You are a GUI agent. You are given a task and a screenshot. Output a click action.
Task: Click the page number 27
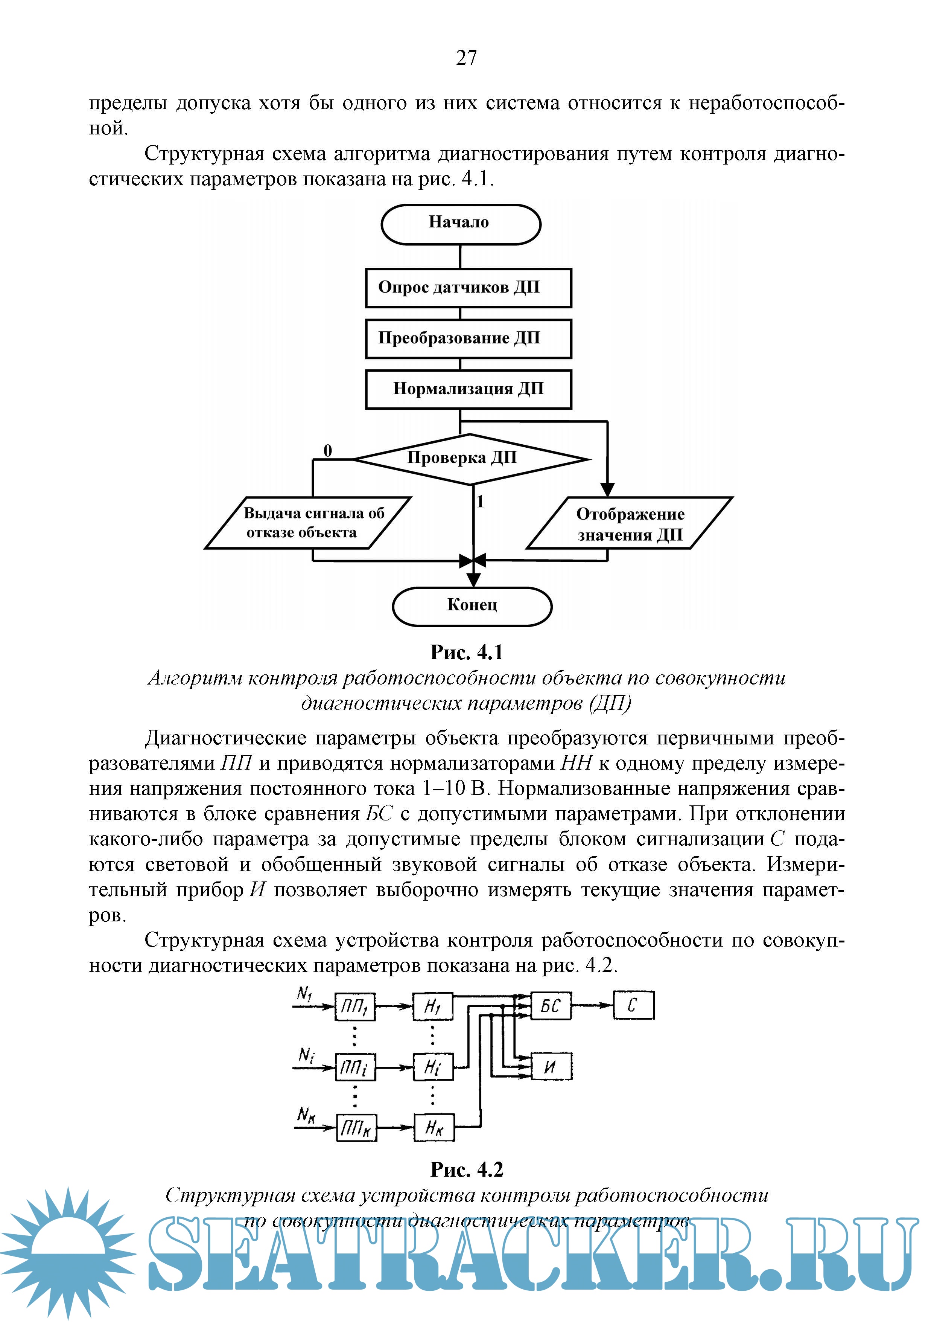466,58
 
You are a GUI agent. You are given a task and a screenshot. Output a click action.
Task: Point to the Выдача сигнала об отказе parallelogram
308,523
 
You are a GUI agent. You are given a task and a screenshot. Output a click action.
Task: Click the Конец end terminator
472,606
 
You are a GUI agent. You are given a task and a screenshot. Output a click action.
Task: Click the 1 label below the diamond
480,502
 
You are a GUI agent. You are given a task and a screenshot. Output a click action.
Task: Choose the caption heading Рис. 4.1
467,653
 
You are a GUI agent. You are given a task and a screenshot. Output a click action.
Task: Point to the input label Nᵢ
307,1055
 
